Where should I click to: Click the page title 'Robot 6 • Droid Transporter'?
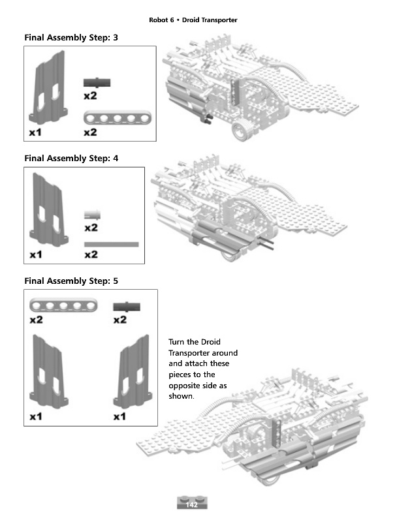click(193, 20)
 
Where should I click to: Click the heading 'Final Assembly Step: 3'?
click(71, 38)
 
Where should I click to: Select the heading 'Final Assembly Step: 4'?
click(71, 158)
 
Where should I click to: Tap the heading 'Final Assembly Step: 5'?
click(71, 281)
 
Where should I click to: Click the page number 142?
click(192, 505)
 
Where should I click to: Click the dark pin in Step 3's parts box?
click(97, 82)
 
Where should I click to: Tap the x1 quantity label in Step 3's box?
click(36, 132)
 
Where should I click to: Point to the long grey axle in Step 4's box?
click(112, 245)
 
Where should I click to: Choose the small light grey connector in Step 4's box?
click(92, 214)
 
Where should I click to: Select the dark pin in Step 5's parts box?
click(126, 305)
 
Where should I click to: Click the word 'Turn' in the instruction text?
click(178, 342)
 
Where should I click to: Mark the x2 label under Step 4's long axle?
click(91, 254)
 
